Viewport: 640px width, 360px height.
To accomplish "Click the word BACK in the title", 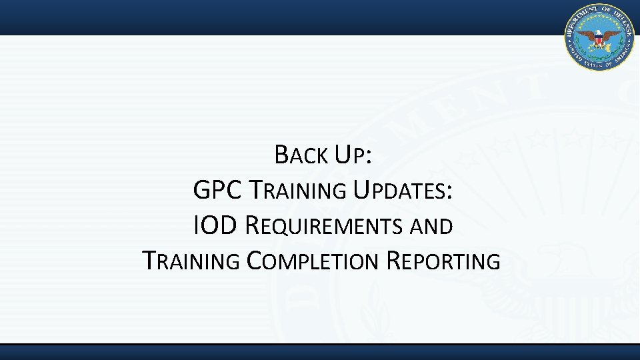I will [301, 157].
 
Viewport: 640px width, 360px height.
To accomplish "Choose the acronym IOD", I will [214, 226].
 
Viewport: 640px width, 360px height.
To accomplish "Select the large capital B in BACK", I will [281, 157].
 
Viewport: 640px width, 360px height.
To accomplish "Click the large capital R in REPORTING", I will [393, 261].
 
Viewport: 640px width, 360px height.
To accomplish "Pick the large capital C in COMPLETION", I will [255, 261].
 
